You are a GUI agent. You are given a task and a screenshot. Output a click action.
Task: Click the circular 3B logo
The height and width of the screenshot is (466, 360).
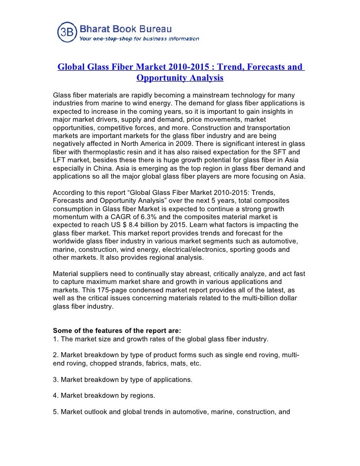coord(67,32)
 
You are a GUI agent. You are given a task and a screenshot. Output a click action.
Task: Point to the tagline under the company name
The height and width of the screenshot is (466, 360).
coord(139,39)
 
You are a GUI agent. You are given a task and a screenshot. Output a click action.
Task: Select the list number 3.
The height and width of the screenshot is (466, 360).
coord(54,380)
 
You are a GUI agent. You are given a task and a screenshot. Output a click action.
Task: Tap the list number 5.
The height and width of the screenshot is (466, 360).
coord(54,412)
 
